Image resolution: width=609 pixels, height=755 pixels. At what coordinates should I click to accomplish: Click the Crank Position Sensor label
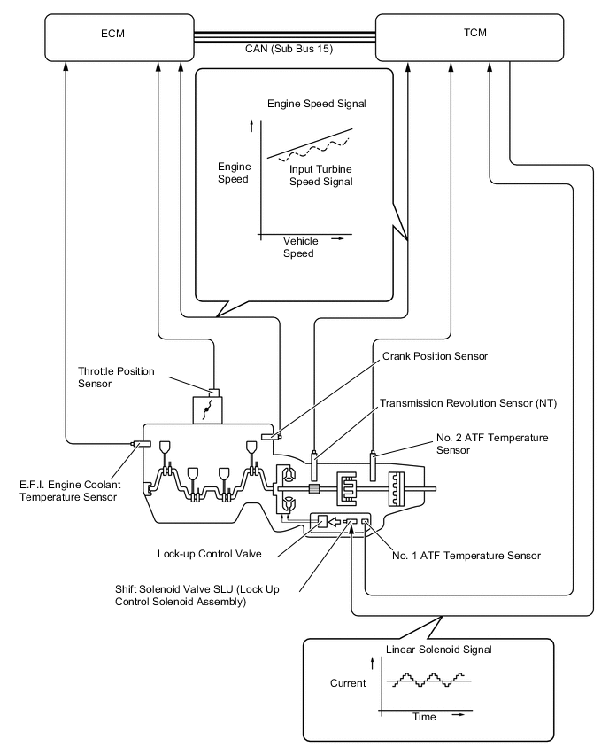[435, 356]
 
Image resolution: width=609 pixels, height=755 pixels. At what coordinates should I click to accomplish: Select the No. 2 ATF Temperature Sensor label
[492, 443]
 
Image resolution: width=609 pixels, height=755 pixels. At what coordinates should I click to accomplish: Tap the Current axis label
[348, 683]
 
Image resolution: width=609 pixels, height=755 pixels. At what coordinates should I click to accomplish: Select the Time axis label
[424, 717]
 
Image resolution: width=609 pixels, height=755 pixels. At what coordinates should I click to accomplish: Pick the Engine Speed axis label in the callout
[234, 172]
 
